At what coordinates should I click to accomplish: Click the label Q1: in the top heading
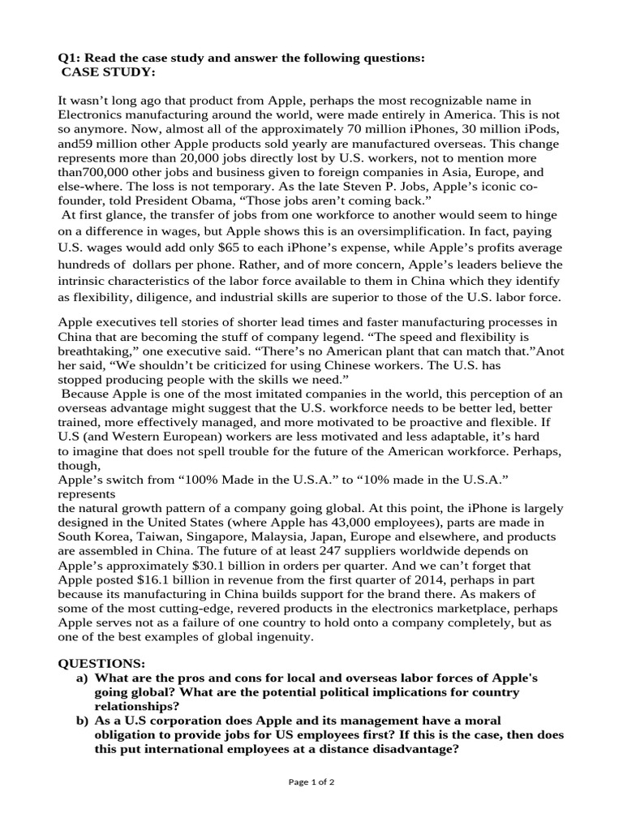tap(69, 59)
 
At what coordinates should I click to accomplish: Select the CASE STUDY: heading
tap(108, 73)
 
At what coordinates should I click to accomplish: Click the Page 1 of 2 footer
tap(311, 782)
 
